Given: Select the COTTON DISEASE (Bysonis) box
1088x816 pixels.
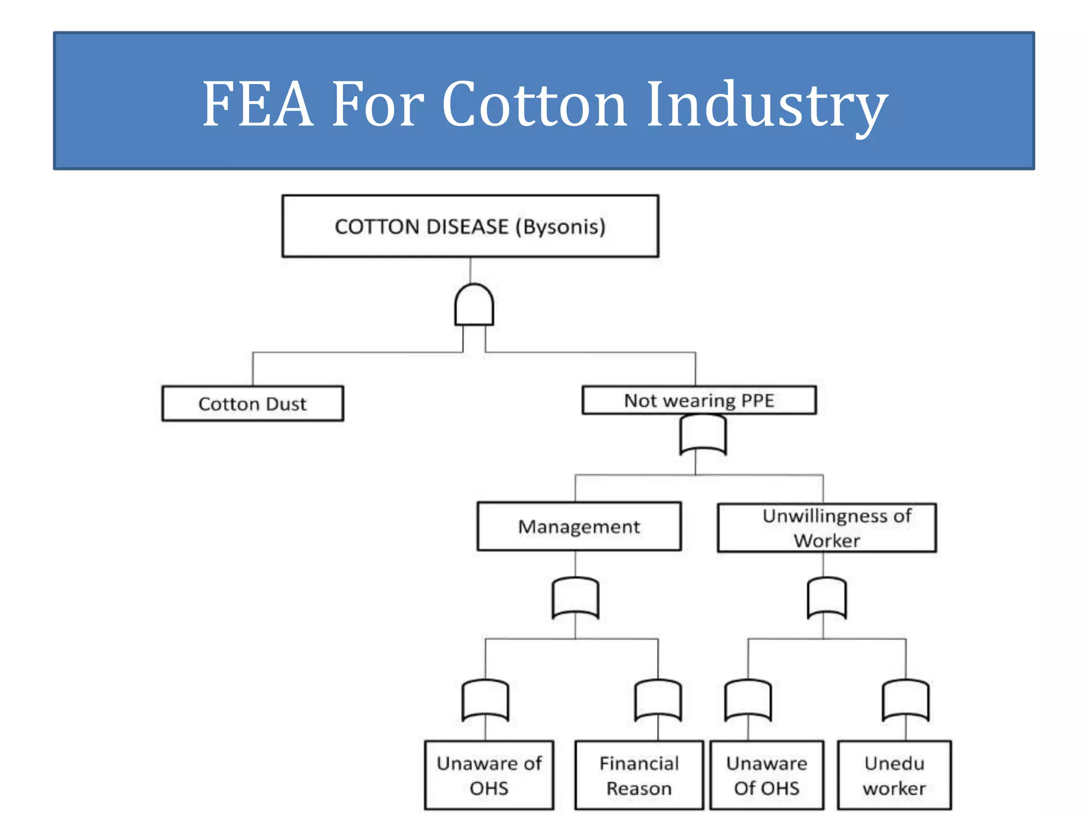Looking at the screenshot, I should (470, 226).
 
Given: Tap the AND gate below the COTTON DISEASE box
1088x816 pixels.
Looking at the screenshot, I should (474, 305).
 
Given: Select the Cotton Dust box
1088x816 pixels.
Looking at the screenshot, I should (252, 404).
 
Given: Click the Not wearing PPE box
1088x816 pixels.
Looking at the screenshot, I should (699, 400).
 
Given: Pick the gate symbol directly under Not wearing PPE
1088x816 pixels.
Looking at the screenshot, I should (703, 435).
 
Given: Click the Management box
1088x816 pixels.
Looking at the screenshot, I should (579, 526).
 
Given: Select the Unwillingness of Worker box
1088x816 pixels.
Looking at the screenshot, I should (827, 528).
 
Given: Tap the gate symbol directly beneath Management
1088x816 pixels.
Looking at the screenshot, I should (575, 598).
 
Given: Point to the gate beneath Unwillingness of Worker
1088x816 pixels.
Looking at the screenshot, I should (827, 598).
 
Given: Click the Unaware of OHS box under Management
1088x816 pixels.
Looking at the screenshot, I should (489, 775).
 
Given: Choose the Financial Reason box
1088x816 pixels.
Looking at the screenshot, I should (639, 775).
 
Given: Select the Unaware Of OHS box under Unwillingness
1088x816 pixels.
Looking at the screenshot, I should (767, 775).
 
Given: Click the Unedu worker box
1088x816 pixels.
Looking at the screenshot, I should (894, 775).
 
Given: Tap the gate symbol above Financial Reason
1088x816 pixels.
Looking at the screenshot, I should (658, 700).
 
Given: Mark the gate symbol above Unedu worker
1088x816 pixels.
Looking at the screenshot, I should (906, 700).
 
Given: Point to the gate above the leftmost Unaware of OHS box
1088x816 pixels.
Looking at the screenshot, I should (485, 700).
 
